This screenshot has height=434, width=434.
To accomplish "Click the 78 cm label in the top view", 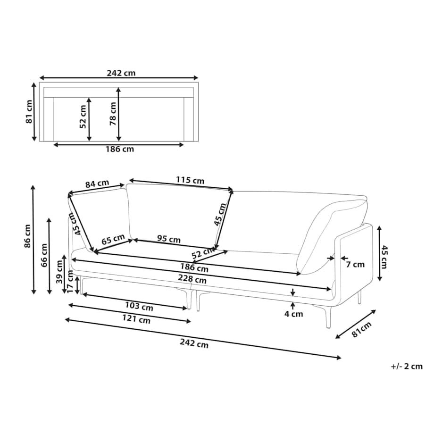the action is click(x=113, y=114).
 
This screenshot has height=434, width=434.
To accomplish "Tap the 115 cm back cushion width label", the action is click(x=190, y=180).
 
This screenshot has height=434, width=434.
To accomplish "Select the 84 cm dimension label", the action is click(x=97, y=184).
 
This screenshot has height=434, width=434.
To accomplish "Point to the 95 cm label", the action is click(x=169, y=239).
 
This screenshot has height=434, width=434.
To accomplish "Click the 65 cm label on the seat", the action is click(x=113, y=240).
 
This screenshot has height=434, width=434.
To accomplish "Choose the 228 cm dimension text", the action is click(x=192, y=279).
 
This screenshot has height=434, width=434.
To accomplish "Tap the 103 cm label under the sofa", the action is click(x=139, y=306).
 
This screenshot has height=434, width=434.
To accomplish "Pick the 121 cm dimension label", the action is click(x=136, y=319).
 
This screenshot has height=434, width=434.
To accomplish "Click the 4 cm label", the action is click(x=294, y=314).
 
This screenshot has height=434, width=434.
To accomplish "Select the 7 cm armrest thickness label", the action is click(x=355, y=265).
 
